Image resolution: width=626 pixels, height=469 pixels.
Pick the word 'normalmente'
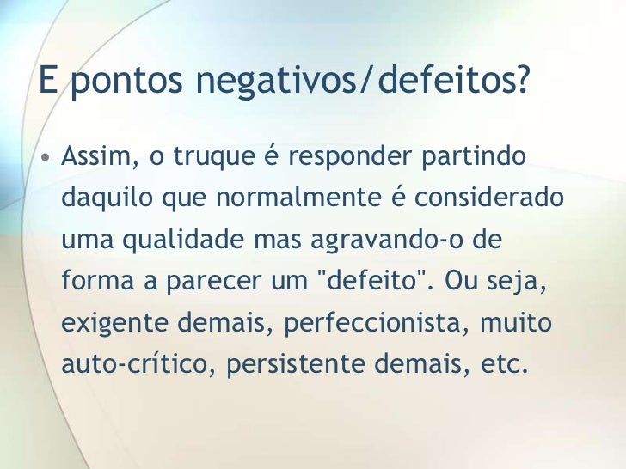pos(299,200)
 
